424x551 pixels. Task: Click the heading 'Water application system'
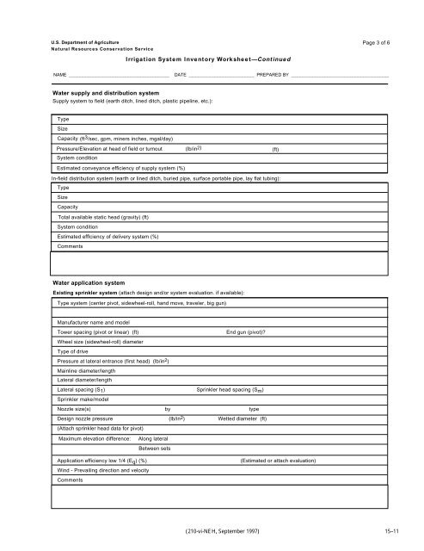coord(89,282)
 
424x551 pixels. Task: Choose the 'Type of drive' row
coord(76,352)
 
